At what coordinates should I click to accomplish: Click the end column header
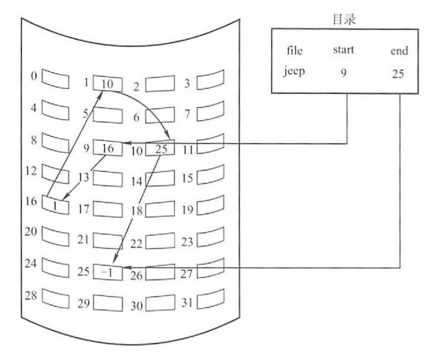click(x=399, y=51)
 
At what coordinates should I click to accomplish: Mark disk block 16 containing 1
click(x=55, y=205)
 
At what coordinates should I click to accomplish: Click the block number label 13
click(x=83, y=177)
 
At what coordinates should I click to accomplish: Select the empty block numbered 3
click(x=210, y=81)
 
